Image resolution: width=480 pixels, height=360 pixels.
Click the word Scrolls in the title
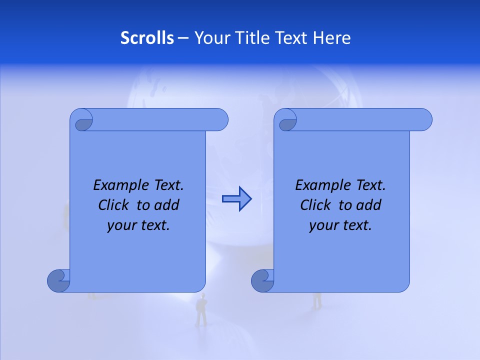(x=147, y=38)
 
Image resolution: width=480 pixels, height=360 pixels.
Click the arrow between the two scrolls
(x=237, y=199)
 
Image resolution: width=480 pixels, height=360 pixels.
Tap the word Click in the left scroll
(x=114, y=205)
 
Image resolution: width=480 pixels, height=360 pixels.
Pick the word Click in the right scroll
(x=316, y=205)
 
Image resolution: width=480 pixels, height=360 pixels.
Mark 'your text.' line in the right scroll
(x=340, y=225)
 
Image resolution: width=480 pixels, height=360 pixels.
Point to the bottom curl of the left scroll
(x=58, y=280)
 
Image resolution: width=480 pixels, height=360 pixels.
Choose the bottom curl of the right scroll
(x=262, y=280)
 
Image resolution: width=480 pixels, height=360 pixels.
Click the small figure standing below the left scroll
(x=201, y=310)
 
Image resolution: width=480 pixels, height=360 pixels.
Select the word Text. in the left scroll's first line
(x=167, y=185)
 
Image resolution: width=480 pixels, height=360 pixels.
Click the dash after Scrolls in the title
(x=183, y=38)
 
